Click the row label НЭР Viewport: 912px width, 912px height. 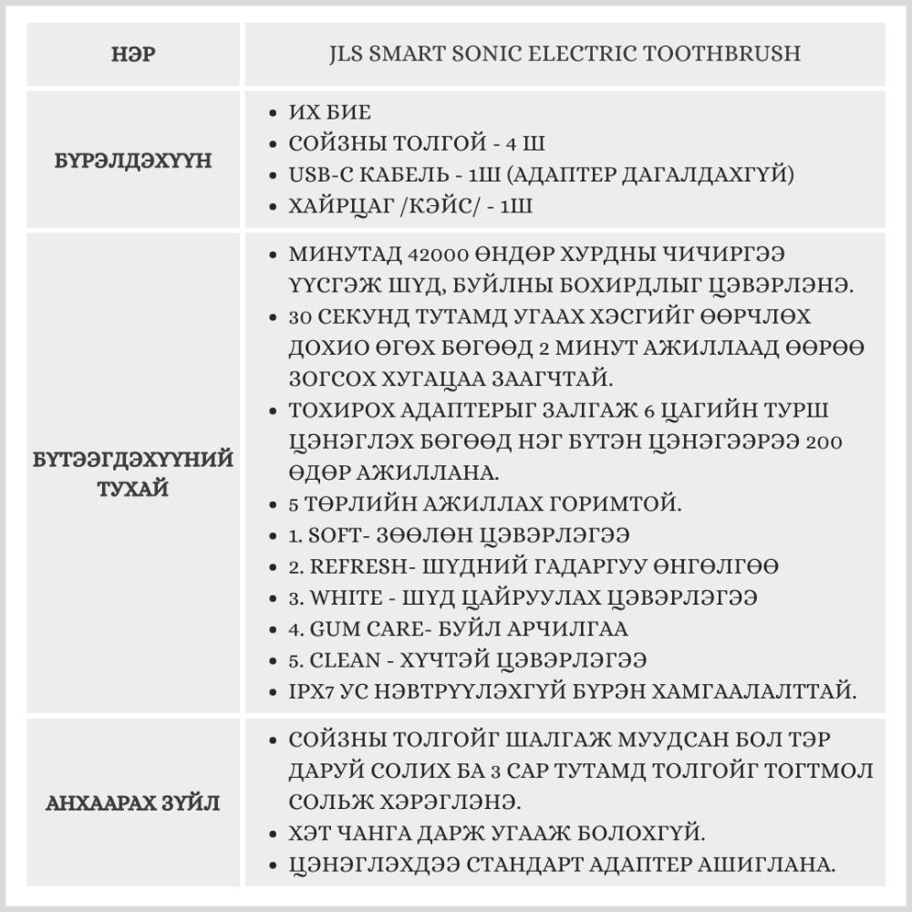pos(132,55)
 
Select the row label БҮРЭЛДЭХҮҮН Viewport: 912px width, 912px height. pos(132,161)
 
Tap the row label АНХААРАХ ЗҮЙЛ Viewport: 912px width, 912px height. pos(132,803)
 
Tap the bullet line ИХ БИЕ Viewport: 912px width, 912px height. pos(329,113)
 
